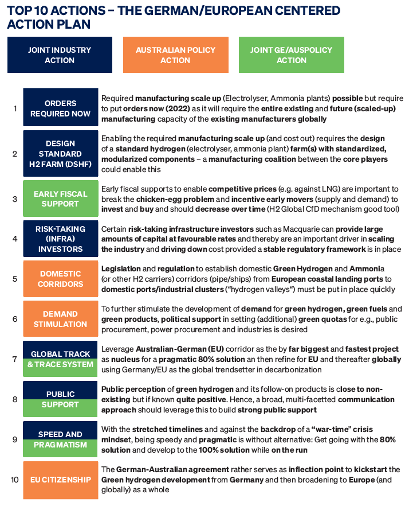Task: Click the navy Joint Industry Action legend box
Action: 60,55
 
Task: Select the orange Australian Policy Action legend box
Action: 175,55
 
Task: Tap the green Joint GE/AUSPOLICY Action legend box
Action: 291,55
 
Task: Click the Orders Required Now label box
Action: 60,107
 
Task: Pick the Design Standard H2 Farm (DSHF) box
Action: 60,153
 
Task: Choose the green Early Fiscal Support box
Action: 60,198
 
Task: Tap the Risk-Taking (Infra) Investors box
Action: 60,239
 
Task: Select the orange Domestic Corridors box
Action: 60,279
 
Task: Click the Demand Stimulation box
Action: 60,319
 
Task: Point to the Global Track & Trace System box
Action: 60,359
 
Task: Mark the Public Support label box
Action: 60,399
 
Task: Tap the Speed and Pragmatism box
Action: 60,439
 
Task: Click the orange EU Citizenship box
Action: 60,480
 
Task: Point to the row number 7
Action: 14,359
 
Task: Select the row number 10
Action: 14,480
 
